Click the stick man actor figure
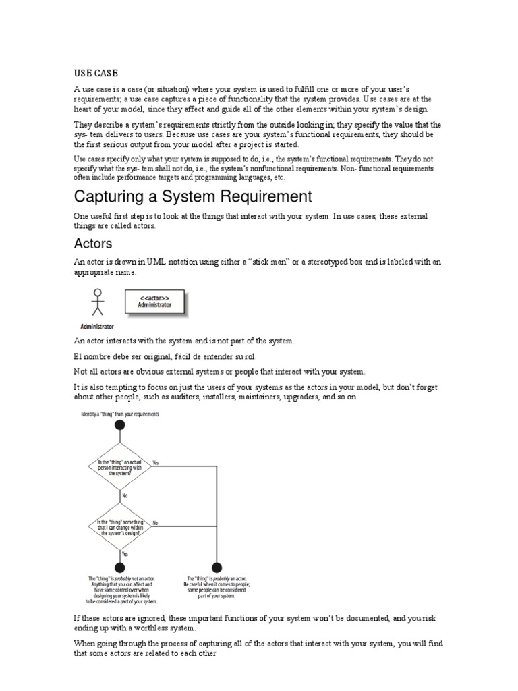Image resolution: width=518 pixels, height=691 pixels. click(97, 301)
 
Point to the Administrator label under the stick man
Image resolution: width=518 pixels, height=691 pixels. click(97, 325)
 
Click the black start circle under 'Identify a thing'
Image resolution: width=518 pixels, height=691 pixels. click(120, 425)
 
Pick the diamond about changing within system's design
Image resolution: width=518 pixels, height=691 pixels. click(120, 526)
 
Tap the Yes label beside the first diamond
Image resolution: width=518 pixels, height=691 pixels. click(156, 463)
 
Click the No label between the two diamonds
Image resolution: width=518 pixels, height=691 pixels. click(125, 496)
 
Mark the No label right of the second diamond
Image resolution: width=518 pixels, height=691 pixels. click(156, 522)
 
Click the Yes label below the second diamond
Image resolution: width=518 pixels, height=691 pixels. click(125, 553)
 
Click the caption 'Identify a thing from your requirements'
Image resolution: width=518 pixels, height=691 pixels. click(120, 414)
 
